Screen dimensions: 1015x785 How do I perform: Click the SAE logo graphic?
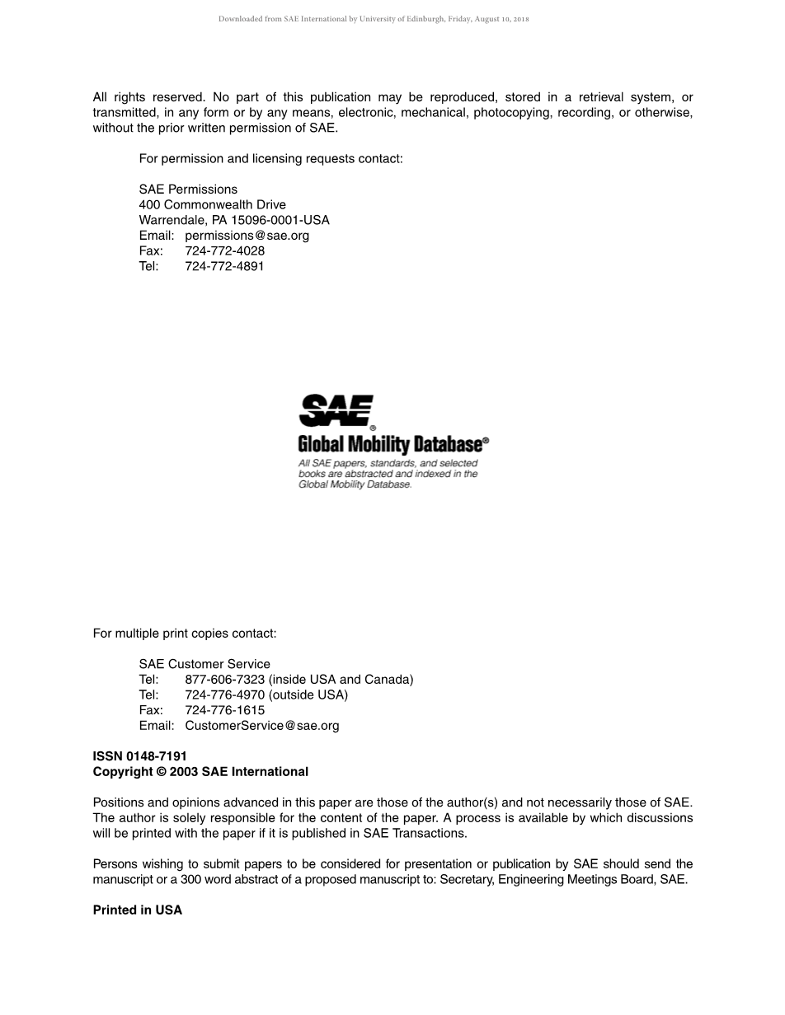[336, 411]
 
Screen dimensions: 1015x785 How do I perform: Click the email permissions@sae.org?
[247, 236]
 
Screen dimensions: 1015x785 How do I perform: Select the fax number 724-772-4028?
[224, 250]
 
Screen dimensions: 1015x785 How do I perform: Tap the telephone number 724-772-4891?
[224, 266]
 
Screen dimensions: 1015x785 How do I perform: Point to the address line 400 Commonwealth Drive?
[212, 204]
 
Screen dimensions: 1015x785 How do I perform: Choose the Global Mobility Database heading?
[390, 445]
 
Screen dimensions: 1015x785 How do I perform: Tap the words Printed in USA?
[137, 910]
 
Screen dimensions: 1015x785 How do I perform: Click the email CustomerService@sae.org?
[262, 726]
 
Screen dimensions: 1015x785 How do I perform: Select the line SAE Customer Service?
[204, 664]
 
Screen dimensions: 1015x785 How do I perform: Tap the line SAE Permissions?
[188, 189]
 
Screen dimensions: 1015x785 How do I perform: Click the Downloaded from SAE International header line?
[374, 19]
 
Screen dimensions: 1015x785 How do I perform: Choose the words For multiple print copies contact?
[185, 634]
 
